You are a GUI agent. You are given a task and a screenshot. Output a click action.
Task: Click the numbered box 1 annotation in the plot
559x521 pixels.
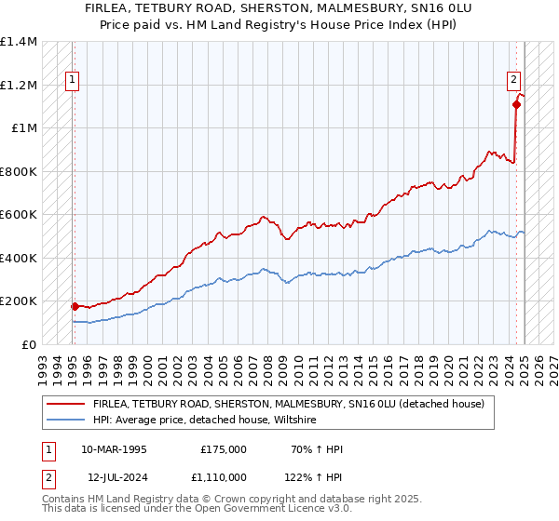tap(72, 81)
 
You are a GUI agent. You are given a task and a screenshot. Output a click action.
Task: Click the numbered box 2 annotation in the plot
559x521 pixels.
tap(512, 81)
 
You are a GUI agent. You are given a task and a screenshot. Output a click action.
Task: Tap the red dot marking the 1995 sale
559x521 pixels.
tap(75, 305)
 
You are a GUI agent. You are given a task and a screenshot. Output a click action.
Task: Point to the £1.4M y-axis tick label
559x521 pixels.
tap(19, 42)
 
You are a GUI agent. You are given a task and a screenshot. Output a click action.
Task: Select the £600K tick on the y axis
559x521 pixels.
tap(19, 215)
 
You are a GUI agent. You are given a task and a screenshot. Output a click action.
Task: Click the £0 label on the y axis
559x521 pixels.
tap(29, 344)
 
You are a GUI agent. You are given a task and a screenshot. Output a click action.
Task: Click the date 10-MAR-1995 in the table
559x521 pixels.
tap(114, 449)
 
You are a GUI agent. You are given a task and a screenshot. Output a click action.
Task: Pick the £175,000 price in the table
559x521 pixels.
tap(224, 449)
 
